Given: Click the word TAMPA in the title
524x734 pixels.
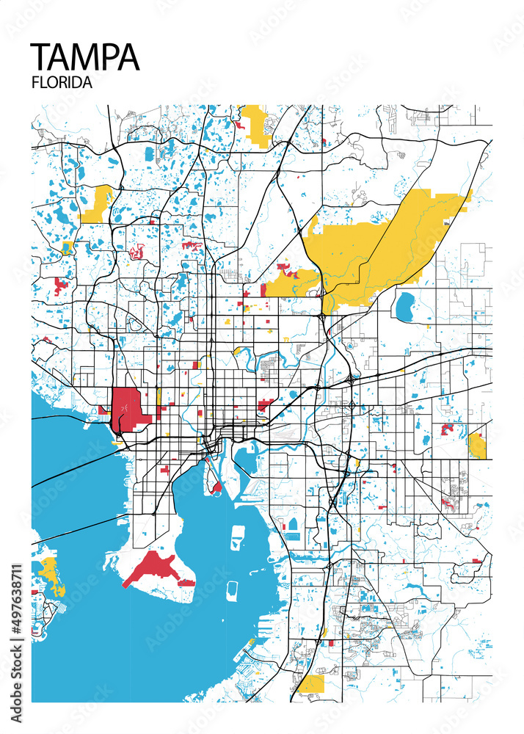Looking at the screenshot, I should (85, 57).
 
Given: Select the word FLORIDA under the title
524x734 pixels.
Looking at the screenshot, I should (62, 83).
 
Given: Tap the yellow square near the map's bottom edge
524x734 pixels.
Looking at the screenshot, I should (311, 684).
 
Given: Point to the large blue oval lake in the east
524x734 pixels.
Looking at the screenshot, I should (405, 307).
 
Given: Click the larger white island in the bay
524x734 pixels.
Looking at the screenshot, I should (238, 537).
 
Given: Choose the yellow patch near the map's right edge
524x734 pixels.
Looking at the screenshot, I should (477, 445).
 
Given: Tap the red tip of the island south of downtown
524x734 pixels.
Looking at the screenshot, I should (216, 485).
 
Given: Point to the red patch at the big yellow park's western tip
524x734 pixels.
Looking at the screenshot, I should (287, 273).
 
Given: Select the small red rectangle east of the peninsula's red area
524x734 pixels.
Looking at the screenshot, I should (186, 582).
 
